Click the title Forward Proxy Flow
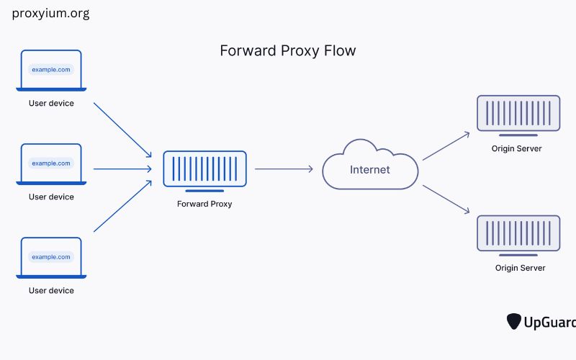(x=287, y=51)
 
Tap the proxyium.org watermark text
(x=50, y=14)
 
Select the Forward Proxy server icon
(x=204, y=171)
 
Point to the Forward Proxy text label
(x=204, y=204)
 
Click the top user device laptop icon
(x=51, y=71)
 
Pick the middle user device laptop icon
(x=51, y=164)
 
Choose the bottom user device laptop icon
(x=51, y=258)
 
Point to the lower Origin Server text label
(x=518, y=268)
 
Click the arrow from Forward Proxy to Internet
(x=284, y=169)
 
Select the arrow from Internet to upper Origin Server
(x=446, y=145)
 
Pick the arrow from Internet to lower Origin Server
(x=446, y=199)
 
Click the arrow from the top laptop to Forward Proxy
(x=122, y=130)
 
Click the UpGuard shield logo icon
(x=514, y=321)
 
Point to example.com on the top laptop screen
(x=50, y=70)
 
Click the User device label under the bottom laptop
(x=51, y=291)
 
